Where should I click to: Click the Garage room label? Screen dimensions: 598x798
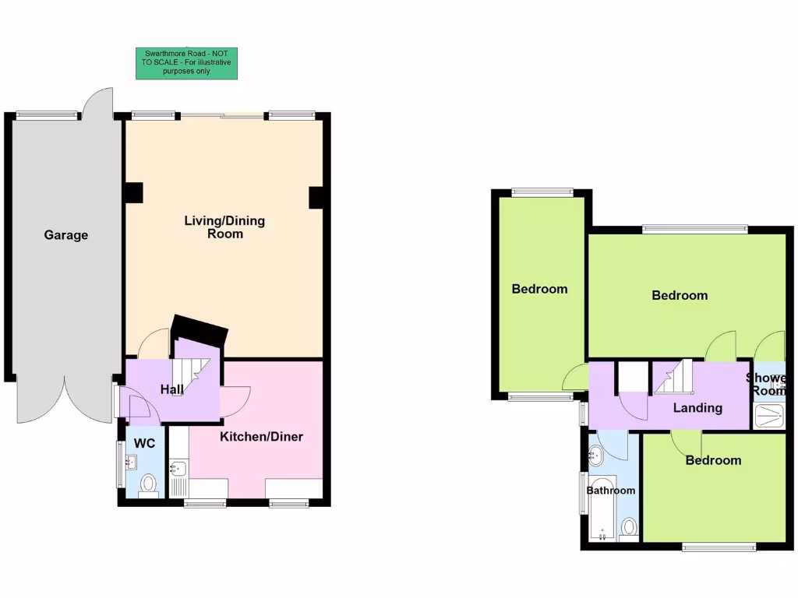click(65, 235)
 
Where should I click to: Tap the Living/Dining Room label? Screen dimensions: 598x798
click(224, 227)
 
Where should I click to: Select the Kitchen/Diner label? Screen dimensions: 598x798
click(261, 437)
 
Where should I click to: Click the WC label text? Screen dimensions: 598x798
click(145, 444)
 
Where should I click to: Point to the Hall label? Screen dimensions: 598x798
click(172, 389)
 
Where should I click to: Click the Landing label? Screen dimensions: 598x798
click(697, 408)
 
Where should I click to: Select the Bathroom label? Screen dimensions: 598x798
click(610, 491)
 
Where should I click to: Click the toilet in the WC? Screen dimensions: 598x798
click(148, 486)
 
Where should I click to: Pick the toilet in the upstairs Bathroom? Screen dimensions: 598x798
click(628, 529)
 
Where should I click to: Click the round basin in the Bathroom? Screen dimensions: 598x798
click(596, 453)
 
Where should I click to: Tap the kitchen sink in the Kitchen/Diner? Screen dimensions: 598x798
click(177, 469)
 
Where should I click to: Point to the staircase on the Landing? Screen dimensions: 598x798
click(673, 378)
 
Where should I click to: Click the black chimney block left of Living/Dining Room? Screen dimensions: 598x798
click(133, 192)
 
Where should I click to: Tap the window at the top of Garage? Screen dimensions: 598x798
click(48, 115)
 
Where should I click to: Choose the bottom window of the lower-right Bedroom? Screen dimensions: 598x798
click(719, 547)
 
